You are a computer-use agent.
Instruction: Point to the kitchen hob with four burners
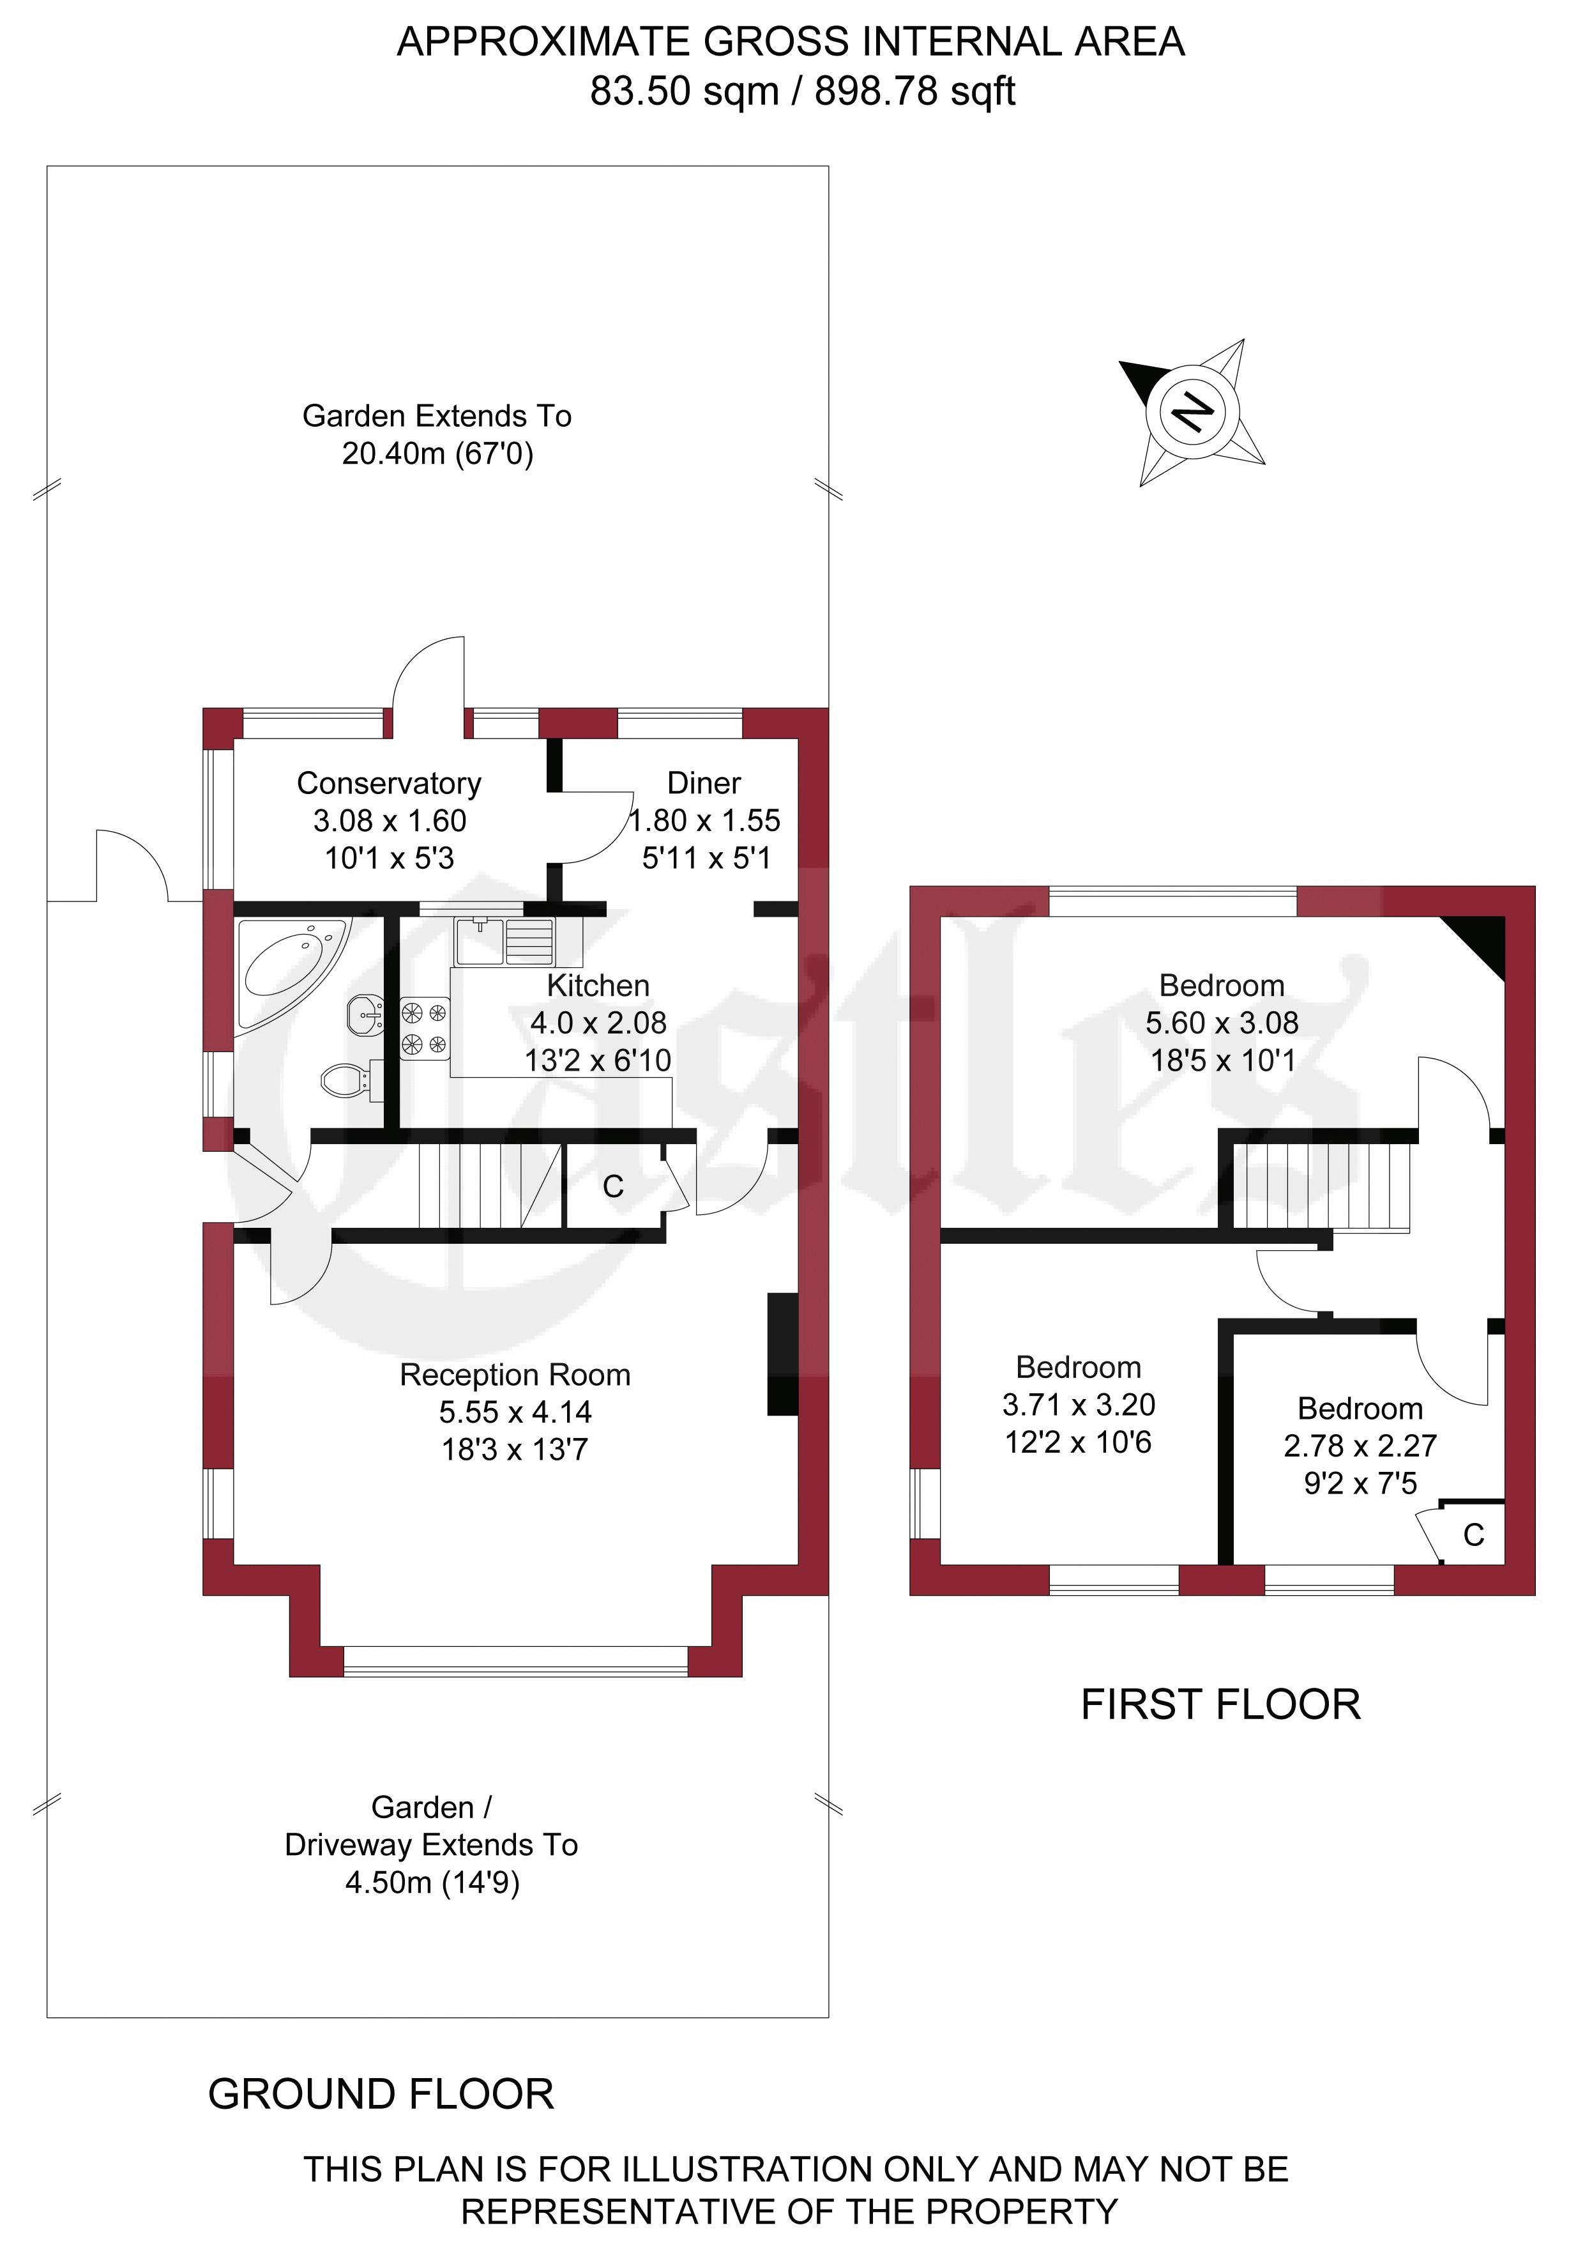(x=425, y=1028)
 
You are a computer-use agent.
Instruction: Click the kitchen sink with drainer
(x=504, y=941)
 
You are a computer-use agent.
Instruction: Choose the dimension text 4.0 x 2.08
(x=598, y=1022)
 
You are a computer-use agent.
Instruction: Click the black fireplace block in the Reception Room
(x=783, y=1354)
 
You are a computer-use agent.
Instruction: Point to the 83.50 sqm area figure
(x=684, y=92)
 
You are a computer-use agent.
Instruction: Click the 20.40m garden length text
(x=437, y=454)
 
